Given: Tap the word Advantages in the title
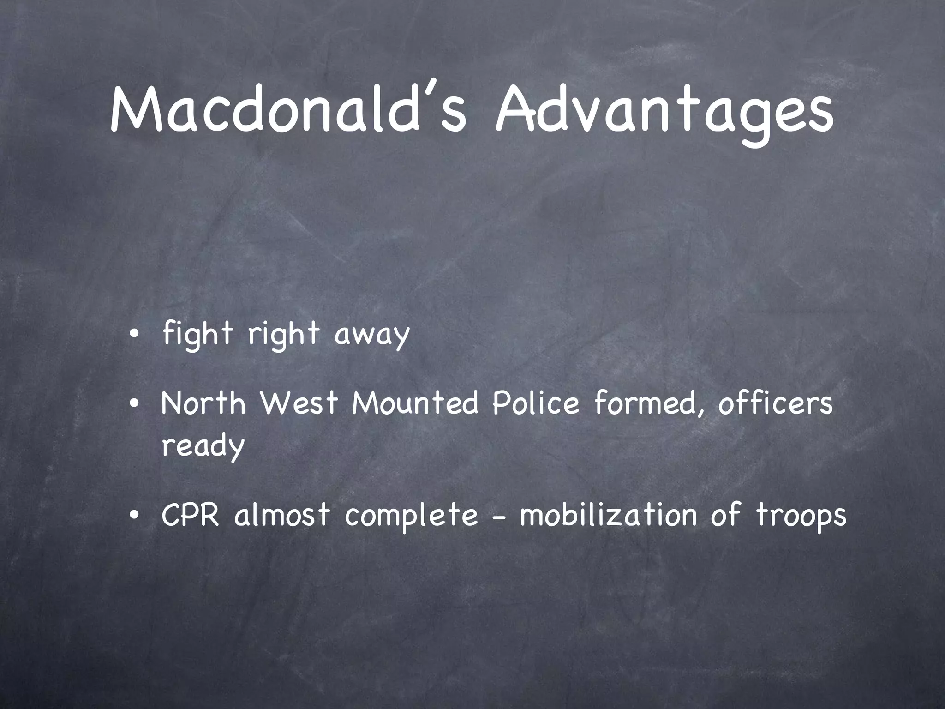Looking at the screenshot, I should tap(664, 111).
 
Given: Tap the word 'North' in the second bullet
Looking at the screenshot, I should tap(203, 403).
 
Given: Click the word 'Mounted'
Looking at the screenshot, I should tap(415, 403).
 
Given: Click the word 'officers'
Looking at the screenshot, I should tap(775, 403).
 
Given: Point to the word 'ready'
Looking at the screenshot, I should tap(203, 446).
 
